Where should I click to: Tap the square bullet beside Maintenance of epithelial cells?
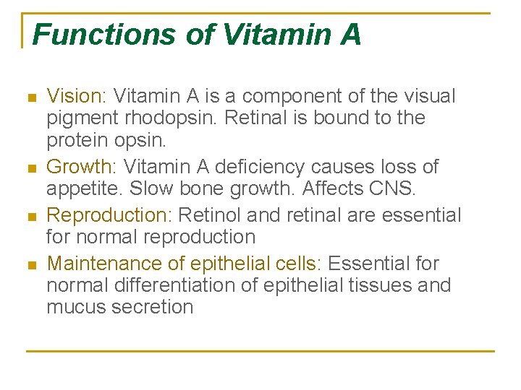[x=30, y=265]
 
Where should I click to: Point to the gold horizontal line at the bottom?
[x=260, y=351]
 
